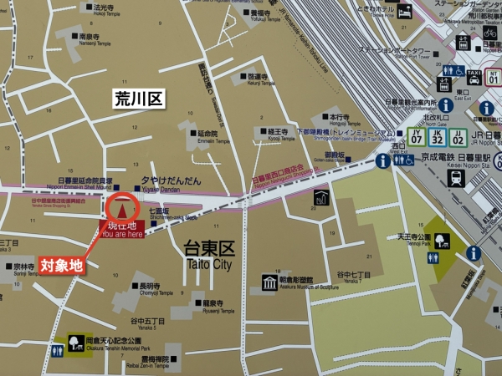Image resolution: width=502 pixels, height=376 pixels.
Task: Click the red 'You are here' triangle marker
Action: coord(122,207)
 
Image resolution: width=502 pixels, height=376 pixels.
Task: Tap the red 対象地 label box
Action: coord(63,266)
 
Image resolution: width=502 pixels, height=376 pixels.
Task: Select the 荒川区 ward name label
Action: coord(138,99)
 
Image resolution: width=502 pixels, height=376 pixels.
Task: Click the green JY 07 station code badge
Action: coord(415,136)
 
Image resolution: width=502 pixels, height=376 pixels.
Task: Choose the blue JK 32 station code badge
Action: coord(437,136)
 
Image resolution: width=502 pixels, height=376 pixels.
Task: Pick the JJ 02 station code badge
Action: coord(458,136)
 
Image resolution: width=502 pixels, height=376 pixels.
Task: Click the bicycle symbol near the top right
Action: coord(489,33)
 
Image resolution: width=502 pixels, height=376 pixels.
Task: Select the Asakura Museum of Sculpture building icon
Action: coord(269,282)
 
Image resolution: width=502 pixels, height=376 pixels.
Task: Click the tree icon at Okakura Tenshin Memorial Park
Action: coord(75,344)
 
